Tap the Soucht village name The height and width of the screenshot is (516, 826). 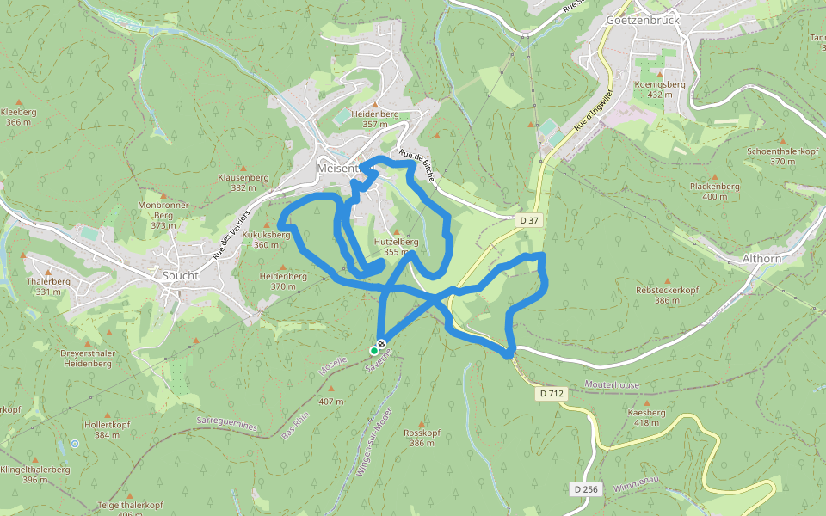181,276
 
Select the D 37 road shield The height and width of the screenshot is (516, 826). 529,221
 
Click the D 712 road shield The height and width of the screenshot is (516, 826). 552,393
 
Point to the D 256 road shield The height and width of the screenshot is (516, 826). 585,489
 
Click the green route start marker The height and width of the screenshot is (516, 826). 374,351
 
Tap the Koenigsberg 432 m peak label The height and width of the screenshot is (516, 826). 659,89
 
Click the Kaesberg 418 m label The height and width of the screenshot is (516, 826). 646,417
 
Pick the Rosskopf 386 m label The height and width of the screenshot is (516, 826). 422,438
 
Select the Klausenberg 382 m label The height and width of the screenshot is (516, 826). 243,181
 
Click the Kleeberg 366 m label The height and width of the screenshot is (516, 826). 18,117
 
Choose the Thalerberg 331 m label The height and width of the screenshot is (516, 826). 48,286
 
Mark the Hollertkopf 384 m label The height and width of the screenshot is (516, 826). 107,430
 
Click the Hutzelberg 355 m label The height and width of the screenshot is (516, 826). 396,247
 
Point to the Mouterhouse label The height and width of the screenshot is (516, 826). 612,385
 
